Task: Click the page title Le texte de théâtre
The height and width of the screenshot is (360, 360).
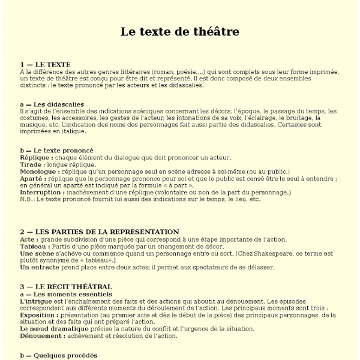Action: point(180,31)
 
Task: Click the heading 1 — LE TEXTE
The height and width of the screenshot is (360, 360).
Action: point(45,64)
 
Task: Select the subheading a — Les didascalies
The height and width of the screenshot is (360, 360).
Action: point(52,104)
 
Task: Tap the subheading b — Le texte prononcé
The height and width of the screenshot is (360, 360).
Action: point(56,150)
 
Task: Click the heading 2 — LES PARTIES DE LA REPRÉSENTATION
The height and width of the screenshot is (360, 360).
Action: point(99,232)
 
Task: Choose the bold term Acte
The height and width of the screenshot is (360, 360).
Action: point(28,239)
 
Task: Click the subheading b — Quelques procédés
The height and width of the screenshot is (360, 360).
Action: point(58,356)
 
